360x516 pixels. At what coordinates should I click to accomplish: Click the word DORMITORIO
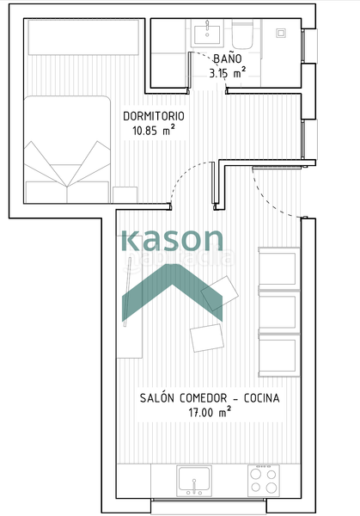154,116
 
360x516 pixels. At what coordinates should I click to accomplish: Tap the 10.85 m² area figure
154,132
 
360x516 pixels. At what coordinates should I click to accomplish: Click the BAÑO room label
227,58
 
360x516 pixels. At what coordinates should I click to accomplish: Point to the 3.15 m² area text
227,73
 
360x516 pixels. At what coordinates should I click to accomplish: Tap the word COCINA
260,398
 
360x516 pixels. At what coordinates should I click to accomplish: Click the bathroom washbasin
207,34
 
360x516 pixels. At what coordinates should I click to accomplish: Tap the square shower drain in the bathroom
281,34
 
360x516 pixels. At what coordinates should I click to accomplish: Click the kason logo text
171,240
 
